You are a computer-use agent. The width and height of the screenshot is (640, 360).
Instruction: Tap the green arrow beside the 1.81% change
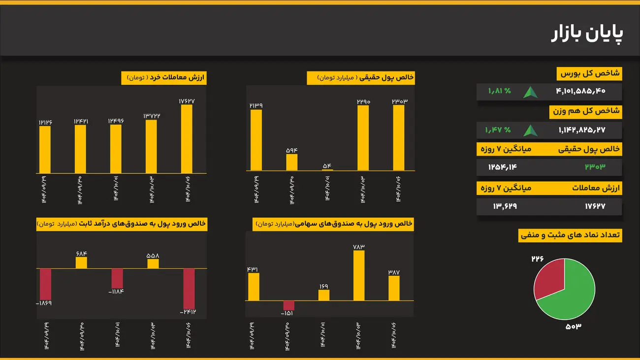(x=530, y=92)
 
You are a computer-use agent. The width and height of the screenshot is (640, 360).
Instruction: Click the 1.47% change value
(x=498, y=130)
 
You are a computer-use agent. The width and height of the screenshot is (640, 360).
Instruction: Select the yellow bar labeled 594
(x=292, y=162)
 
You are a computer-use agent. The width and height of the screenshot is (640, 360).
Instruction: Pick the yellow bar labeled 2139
(x=256, y=140)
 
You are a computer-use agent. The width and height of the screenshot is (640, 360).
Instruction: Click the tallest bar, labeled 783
(x=359, y=275)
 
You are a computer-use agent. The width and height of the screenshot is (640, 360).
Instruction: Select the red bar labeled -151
(x=288, y=305)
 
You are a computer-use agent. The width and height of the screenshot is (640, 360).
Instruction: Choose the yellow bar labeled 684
(x=81, y=262)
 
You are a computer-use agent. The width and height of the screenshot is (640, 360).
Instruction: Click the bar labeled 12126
(x=45, y=150)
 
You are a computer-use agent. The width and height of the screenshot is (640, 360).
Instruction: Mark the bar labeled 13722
(x=152, y=146)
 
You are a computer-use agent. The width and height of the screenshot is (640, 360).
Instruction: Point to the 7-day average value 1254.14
(x=503, y=167)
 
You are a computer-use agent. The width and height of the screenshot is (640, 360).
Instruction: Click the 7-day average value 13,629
(x=505, y=206)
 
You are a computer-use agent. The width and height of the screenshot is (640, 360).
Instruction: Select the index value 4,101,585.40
(x=580, y=91)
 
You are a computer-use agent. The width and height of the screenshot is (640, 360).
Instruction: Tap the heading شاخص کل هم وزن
(x=585, y=112)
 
